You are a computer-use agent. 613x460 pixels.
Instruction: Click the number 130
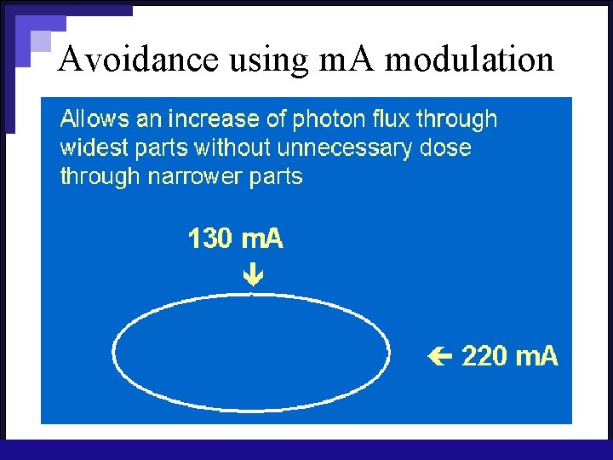point(209,239)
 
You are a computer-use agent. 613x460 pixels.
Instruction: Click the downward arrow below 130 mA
point(253,274)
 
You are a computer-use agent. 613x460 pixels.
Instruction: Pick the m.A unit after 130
point(261,239)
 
